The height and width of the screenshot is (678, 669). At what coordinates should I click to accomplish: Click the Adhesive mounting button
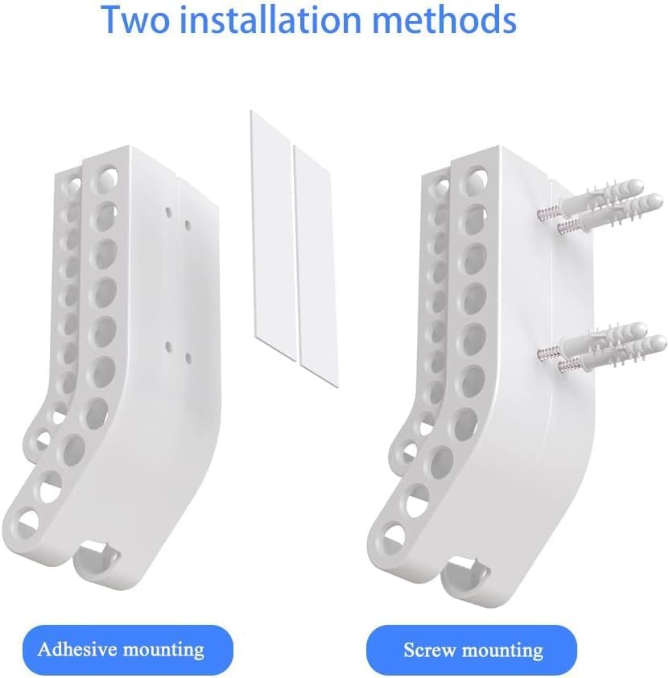pos(120,649)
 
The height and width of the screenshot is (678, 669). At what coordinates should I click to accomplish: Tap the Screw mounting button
pos(473,650)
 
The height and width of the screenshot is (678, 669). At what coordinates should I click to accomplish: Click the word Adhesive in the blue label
pos(76,649)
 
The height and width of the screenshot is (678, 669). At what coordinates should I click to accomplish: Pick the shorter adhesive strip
pos(315,258)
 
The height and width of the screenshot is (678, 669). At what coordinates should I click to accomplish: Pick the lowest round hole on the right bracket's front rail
pos(394,534)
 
